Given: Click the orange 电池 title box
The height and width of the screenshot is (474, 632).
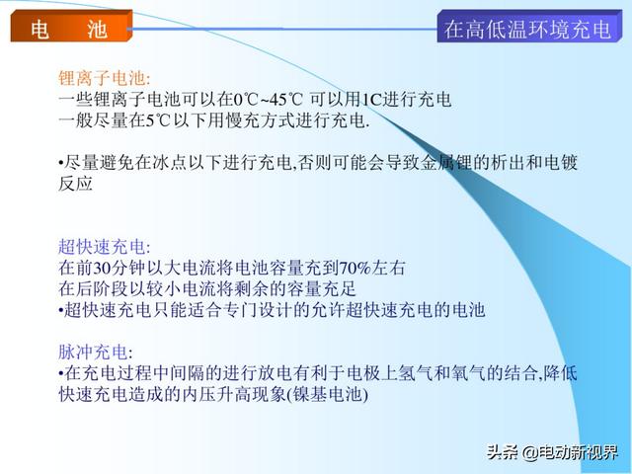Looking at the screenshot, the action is point(71,27).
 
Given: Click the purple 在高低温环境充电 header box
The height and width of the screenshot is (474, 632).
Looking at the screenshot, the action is point(529,27).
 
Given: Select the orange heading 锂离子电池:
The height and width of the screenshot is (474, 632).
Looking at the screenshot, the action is point(104,78).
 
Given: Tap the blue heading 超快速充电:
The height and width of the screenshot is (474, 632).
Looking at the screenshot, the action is point(104,247).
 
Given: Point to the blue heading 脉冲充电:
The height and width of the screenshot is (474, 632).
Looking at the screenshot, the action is point(95,352).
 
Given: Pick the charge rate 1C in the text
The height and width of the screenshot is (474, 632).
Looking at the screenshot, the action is point(371,99).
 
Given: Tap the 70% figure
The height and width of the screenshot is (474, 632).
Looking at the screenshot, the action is point(355,268).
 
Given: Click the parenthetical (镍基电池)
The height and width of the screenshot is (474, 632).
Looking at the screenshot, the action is point(327,394).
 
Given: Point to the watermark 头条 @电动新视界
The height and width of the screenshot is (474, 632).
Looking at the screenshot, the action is point(552,452).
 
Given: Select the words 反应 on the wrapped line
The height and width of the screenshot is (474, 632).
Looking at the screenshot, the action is point(76,184).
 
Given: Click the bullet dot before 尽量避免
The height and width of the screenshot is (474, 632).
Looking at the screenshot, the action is point(61,163).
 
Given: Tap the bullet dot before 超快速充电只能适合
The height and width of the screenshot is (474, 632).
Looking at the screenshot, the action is point(61,311).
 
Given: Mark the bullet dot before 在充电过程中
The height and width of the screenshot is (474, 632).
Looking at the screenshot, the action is point(61,374).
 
